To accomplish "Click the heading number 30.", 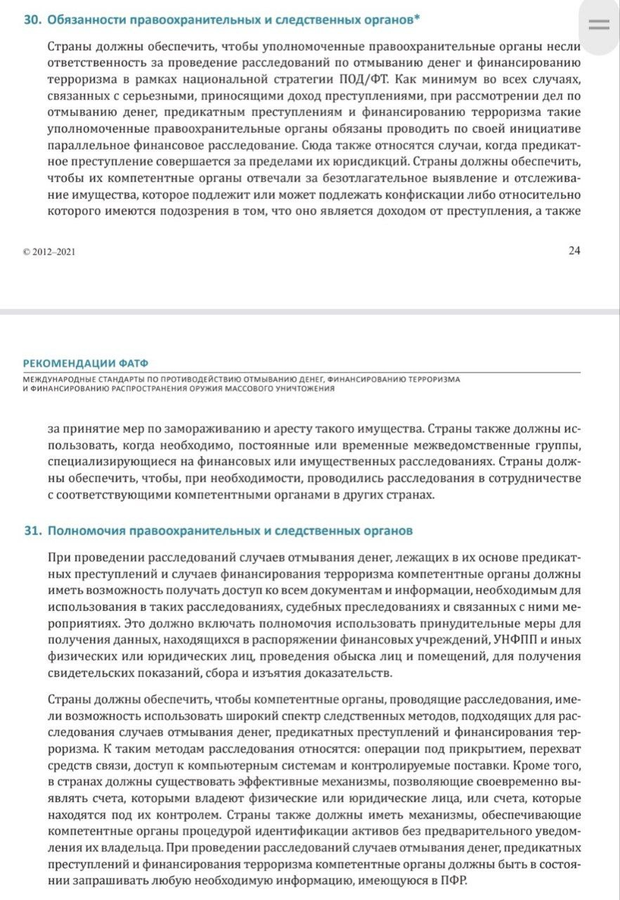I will (x=32, y=20).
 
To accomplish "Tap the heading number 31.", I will (x=32, y=530).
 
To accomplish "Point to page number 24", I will (x=574, y=251).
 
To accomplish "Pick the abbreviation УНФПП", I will (x=510, y=639).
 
